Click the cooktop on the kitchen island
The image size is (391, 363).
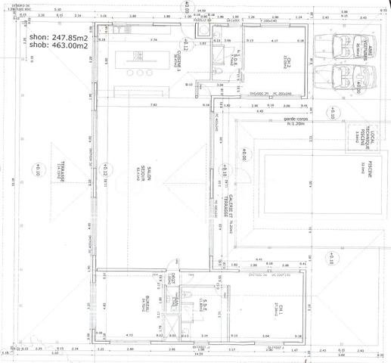[138, 56]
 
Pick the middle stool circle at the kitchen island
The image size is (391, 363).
[140, 73]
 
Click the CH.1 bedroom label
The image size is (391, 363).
[278, 310]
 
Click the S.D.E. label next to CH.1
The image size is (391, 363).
[204, 308]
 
